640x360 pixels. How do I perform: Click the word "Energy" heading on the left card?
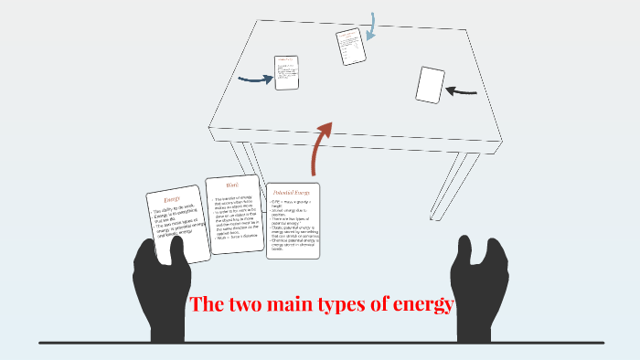[174, 199]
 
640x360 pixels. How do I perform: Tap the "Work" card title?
[232, 185]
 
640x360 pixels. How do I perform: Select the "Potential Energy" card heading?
[293, 193]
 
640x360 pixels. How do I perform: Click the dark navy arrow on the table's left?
[255, 79]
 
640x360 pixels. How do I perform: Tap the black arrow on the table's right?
[462, 90]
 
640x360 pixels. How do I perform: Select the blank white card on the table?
[430, 85]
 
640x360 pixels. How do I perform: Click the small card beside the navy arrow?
[287, 72]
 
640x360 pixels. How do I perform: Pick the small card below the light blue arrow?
[350, 47]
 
